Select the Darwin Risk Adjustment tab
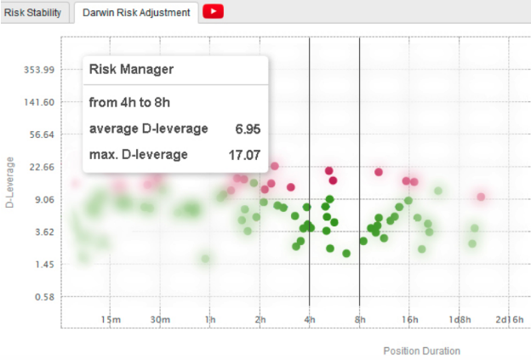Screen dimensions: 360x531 pyautogui.click(x=136, y=13)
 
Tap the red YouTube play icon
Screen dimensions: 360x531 pyautogui.click(x=214, y=12)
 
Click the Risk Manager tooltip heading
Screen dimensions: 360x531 pyautogui.click(x=131, y=70)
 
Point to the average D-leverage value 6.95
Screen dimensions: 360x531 pyautogui.click(x=247, y=129)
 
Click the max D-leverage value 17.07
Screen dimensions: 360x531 pyautogui.click(x=244, y=155)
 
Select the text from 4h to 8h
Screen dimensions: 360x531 pyautogui.click(x=129, y=102)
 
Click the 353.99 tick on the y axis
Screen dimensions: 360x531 pyautogui.click(x=37, y=69)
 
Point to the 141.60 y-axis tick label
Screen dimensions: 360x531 pyautogui.click(x=37, y=101)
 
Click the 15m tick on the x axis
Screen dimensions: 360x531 pyautogui.click(x=110, y=320)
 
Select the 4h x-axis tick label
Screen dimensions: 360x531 pyautogui.click(x=310, y=320)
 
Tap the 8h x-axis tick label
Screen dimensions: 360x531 pyautogui.click(x=360, y=320)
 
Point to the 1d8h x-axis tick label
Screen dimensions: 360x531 pyautogui.click(x=460, y=320)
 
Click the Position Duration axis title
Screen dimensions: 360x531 pyautogui.click(x=421, y=350)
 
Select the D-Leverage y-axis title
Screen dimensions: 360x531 pyautogui.click(x=10, y=182)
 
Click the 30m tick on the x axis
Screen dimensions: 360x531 pyautogui.click(x=160, y=320)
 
